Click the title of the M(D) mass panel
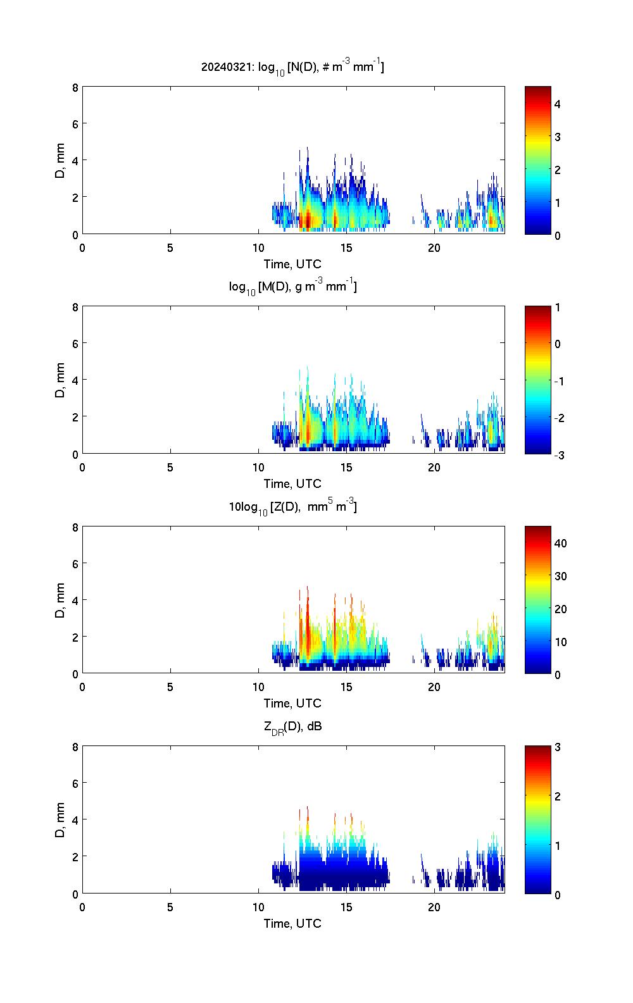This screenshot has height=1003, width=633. pos(292,287)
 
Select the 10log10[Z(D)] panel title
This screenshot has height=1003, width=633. pos(292,506)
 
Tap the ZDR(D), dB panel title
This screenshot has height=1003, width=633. pos(292,726)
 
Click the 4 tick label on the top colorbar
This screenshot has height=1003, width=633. pos(558,104)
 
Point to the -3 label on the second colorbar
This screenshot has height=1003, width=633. pos(559,454)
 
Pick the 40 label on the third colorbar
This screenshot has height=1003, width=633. pos(560,543)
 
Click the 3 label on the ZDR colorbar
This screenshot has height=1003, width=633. pos(558,747)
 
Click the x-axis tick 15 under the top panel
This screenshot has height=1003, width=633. pos(346,247)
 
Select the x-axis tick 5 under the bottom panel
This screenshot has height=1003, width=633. pos(170,907)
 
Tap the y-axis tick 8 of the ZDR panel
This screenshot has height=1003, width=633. pos(75,747)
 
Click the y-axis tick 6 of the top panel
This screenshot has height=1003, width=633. pos(75,123)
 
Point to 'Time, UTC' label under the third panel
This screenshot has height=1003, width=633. pos(292,703)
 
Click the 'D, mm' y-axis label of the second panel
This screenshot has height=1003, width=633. pos(61,380)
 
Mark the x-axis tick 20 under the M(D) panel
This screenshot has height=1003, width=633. pos(434,468)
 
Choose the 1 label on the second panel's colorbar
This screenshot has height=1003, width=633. pos(558,308)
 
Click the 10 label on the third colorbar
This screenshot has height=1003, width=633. pos(560,642)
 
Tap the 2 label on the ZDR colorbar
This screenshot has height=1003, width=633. pos(558,796)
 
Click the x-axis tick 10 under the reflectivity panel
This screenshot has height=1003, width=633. pos(258,687)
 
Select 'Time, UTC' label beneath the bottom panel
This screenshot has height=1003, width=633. pos(292,923)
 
